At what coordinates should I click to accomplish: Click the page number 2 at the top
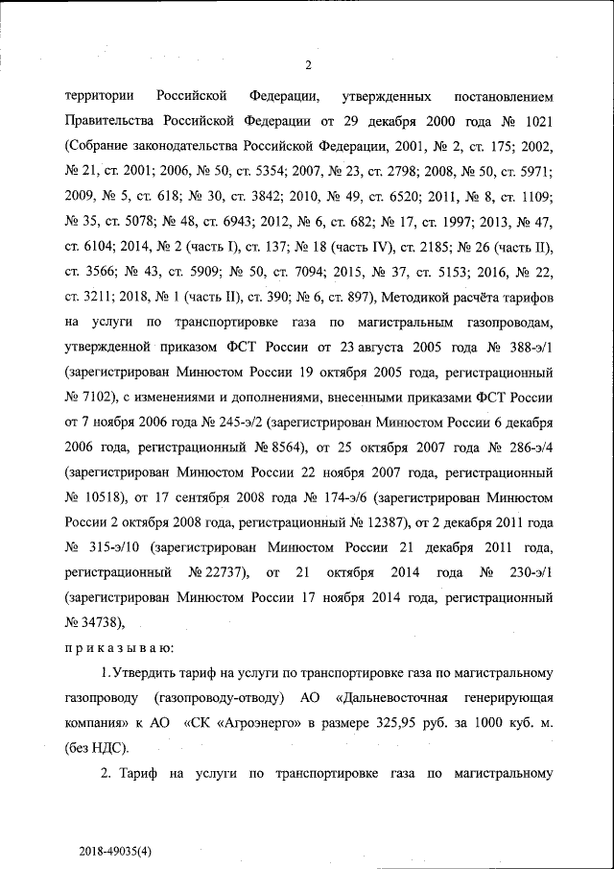[x=308, y=65]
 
